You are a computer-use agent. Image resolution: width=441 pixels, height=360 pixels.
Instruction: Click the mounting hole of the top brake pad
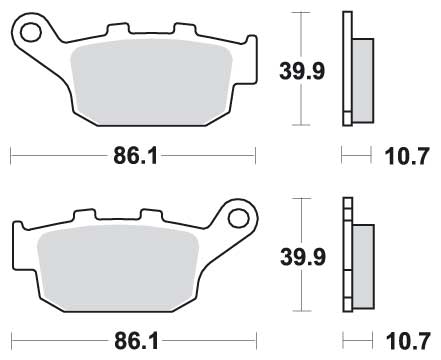tap(31, 32)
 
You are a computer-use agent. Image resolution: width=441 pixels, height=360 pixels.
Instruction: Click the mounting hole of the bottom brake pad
tap(238, 218)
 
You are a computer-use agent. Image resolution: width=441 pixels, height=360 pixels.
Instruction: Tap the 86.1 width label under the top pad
tap(135, 156)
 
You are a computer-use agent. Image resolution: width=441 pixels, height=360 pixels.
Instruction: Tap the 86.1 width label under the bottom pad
tap(136, 341)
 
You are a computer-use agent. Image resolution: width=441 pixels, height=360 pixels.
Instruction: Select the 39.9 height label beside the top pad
tap(302, 71)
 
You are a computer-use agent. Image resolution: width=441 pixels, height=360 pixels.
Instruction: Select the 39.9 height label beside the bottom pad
tap(303, 257)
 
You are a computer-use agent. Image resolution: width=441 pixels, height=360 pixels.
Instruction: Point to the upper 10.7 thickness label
tap(406, 156)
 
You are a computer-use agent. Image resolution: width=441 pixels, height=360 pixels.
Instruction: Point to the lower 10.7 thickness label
tap(408, 342)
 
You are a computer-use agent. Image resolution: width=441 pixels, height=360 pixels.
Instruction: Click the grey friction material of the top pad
tap(152, 82)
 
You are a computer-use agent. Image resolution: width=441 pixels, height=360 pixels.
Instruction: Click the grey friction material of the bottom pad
tap(118, 268)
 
